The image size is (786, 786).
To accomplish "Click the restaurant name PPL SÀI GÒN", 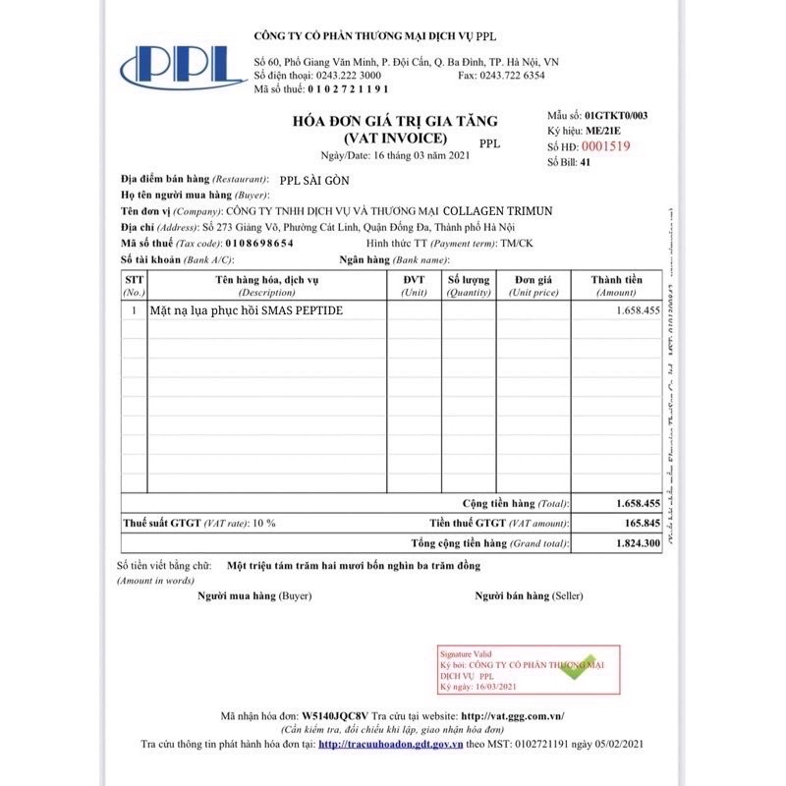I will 314,181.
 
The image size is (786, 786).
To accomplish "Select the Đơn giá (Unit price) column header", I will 533,286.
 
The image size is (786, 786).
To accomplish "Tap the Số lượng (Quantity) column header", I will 469,286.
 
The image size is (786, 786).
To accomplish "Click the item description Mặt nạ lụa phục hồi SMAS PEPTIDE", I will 248,310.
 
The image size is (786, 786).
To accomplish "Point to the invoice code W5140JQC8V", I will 336,716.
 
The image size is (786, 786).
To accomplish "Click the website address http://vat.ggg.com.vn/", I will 518,716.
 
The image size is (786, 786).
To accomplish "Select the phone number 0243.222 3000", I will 346,75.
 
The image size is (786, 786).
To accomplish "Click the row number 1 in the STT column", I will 134,310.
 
